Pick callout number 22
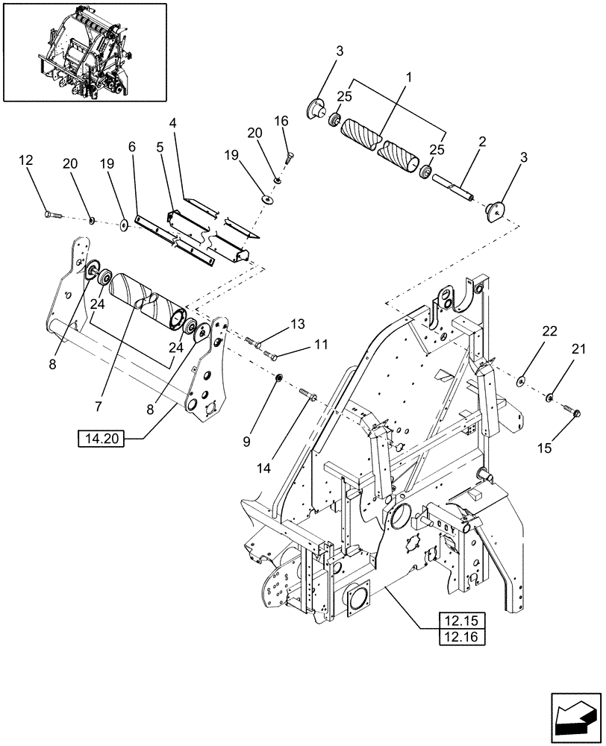tap(549, 331)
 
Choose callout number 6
tap(131, 148)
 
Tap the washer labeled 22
tap(522, 382)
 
